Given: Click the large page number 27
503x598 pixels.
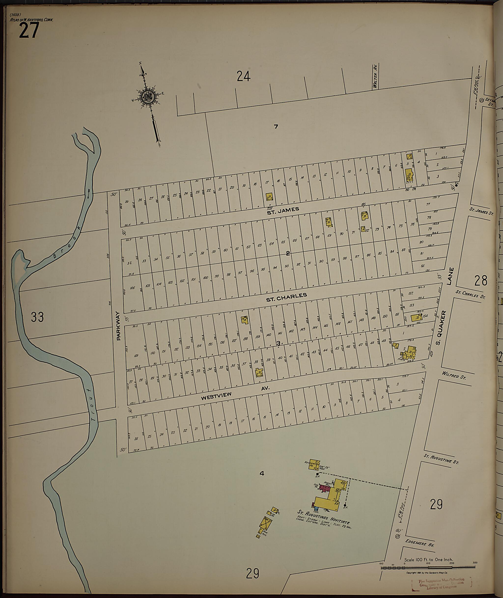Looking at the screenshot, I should point(29,31).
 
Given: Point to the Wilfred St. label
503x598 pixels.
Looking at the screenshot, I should point(453,376).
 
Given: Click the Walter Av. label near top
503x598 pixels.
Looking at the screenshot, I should point(375,80).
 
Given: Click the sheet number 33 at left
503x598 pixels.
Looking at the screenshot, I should point(37,317).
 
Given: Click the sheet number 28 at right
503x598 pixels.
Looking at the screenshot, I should point(480,281).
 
